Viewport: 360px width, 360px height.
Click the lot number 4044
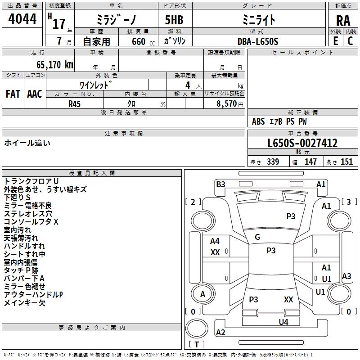[22, 19]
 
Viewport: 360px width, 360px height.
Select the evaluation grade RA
[343, 20]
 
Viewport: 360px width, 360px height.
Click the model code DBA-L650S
[258, 41]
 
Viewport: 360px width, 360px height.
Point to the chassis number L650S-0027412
[302, 144]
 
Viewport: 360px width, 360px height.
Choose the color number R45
[75, 103]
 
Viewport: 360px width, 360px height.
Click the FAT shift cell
[13, 94]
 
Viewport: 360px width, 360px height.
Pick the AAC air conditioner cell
[35, 94]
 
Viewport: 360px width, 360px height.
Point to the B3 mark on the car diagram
[220, 184]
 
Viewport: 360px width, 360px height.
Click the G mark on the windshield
[257, 237]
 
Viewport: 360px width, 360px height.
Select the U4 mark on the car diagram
[283, 322]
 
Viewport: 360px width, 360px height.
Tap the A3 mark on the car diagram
[346, 276]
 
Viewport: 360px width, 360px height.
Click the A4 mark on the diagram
[215, 241]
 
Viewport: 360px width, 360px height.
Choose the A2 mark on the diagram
[220, 332]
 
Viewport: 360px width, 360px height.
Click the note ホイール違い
[27, 143]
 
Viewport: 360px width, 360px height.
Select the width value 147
[310, 162]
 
